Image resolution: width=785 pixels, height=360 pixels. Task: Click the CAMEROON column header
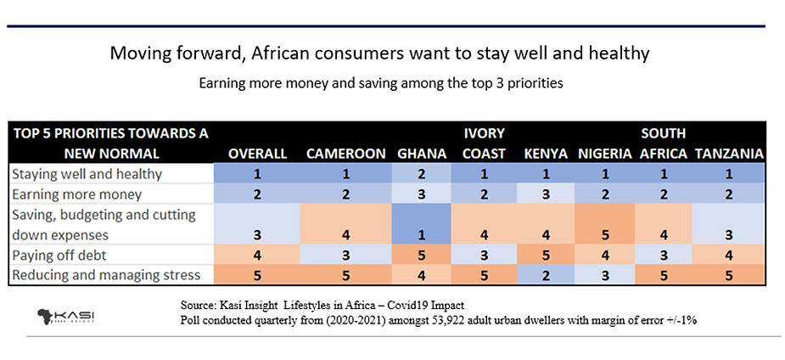(x=344, y=154)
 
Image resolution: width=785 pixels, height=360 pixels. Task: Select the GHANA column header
(x=420, y=154)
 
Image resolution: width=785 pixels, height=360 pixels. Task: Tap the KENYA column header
(x=545, y=154)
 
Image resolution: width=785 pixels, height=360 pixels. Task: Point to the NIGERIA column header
(x=605, y=154)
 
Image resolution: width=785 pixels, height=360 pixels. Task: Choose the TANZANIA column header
(x=729, y=154)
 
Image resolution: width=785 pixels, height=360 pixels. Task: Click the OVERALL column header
(x=256, y=154)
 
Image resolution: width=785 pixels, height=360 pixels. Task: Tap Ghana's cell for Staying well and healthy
(x=421, y=173)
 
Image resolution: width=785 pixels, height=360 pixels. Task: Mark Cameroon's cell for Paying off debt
(x=345, y=255)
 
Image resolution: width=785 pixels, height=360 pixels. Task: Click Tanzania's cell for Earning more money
(x=729, y=194)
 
